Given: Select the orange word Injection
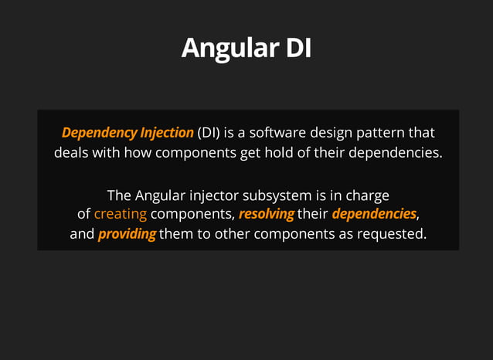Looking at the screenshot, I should tap(165, 132).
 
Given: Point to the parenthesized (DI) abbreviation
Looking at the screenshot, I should tap(209, 132).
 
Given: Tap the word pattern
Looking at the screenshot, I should tap(394, 132).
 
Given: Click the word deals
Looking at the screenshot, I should tap(71, 152).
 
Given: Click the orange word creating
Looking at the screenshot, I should tap(120, 213).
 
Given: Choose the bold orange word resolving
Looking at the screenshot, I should tap(266, 213).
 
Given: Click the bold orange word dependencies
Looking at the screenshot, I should tap(374, 213).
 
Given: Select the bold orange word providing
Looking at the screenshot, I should tap(127, 233).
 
